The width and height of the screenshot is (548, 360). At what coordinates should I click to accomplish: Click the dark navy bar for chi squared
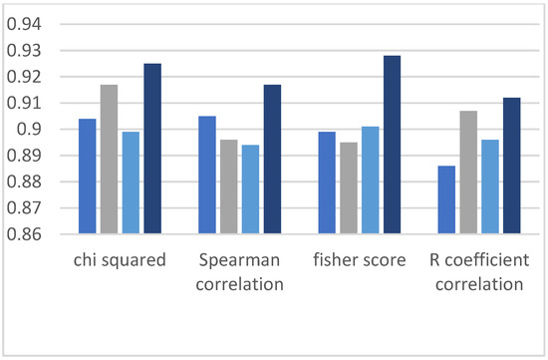[151, 150]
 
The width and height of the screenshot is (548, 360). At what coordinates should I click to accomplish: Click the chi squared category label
[119, 261]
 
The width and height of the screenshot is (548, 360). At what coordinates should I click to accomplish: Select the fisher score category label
[360, 261]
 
